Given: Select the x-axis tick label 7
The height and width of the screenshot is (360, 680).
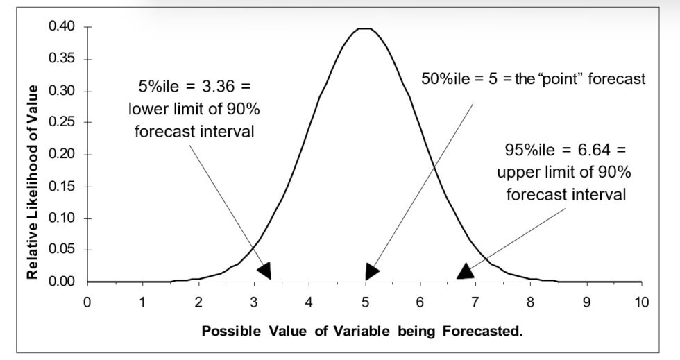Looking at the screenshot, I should coord(475,302).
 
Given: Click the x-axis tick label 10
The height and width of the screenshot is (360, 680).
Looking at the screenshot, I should coord(642,302).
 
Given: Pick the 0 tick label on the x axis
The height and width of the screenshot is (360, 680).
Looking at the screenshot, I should coord(87,302).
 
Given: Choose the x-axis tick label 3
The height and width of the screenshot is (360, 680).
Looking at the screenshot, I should coord(253,302).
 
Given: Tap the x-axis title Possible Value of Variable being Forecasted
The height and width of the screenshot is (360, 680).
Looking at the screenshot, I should coord(362,331).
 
